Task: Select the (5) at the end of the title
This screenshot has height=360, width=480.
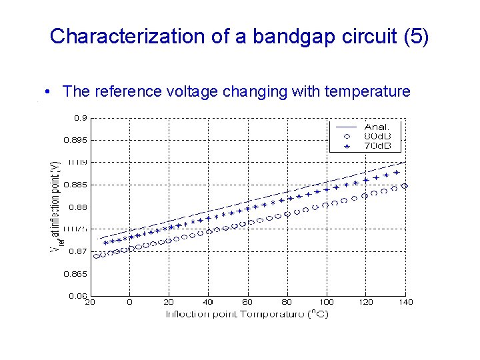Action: pyautogui.click(x=417, y=36)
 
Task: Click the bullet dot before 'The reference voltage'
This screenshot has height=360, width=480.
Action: pyautogui.click(x=50, y=92)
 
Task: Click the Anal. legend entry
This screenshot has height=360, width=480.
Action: pyautogui.click(x=377, y=127)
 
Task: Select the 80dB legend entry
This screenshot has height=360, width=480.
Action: pyautogui.click(x=377, y=136)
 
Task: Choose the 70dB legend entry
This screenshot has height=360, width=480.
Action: pyautogui.click(x=377, y=145)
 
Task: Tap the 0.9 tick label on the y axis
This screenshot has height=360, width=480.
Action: pyautogui.click(x=79, y=118)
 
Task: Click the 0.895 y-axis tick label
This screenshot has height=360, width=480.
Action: pyautogui.click(x=75, y=141)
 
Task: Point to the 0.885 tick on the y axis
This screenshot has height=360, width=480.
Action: pyautogui.click(x=75, y=185)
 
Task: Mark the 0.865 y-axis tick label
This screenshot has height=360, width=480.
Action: pyautogui.click(x=75, y=273)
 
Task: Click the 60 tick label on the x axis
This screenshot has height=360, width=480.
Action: pyautogui.click(x=248, y=302)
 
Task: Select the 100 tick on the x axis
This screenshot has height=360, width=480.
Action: pyautogui.click(x=327, y=302)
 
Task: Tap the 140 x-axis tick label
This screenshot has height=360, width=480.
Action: pyautogui.click(x=405, y=302)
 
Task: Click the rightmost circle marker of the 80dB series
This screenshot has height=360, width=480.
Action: pyautogui.click(x=404, y=186)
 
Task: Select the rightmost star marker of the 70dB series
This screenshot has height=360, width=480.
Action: pyautogui.click(x=397, y=173)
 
